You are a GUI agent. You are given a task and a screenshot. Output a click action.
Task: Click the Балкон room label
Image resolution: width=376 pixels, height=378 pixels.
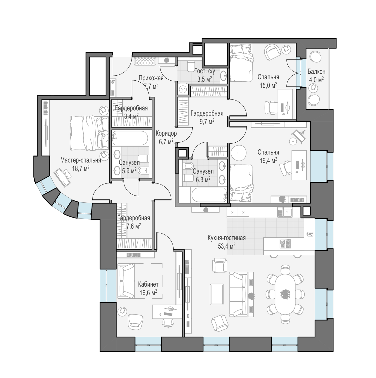click(x=316, y=72)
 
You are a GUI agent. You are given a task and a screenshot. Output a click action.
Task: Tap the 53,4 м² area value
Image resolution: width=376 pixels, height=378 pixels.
click(x=227, y=246)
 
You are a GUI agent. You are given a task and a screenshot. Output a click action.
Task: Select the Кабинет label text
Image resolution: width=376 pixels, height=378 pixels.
click(x=148, y=285)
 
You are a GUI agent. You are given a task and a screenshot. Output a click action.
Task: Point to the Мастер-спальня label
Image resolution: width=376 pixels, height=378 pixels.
click(x=81, y=160)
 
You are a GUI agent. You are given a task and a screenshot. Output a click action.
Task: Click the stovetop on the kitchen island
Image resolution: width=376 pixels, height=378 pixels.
click(x=285, y=243)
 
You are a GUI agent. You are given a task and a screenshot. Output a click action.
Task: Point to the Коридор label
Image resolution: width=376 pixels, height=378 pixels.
click(x=166, y=133)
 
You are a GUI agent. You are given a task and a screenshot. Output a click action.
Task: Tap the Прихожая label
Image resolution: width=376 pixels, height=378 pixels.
click(x=151, y=78)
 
